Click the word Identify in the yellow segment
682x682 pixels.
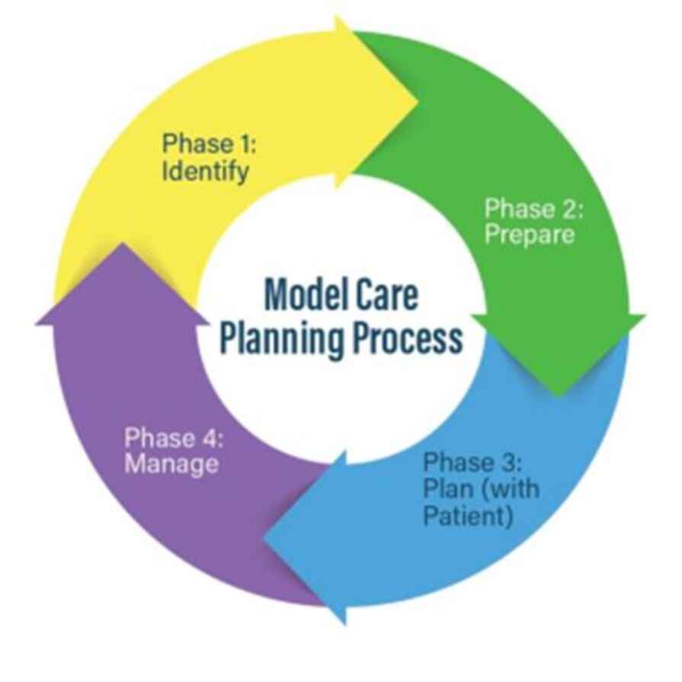[205, 171]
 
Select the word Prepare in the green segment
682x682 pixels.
[530, 235]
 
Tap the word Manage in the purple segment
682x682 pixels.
[171, 463]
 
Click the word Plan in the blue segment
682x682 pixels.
[446, 488]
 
